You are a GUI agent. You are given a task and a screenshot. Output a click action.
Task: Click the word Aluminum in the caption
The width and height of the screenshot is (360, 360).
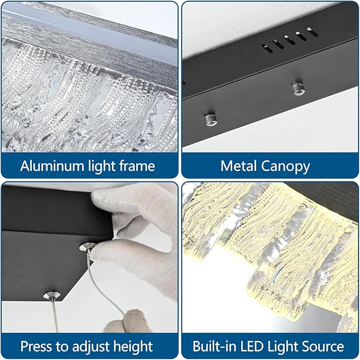[x=52, y=165]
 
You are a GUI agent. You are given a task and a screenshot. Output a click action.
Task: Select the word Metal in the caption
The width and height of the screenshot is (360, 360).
[x=239, y=165]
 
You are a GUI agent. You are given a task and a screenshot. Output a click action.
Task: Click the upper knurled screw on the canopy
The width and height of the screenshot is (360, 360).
[x=298, y=88]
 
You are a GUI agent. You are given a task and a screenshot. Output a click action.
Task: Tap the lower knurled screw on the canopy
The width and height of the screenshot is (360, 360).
[x=211, y=119]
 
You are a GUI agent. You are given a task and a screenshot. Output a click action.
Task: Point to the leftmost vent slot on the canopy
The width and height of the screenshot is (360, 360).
[x=267, y=49]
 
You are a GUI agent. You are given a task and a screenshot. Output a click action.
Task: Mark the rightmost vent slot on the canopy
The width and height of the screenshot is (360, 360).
[x=312, y=32]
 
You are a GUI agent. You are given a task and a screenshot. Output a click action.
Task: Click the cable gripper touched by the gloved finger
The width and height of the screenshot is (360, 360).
[x=87, y=247]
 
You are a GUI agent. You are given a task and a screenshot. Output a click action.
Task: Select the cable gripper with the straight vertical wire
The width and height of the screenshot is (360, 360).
[x=51, y=295]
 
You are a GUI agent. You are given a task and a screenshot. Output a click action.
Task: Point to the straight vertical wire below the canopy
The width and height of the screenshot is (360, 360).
[x=55, y=316]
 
